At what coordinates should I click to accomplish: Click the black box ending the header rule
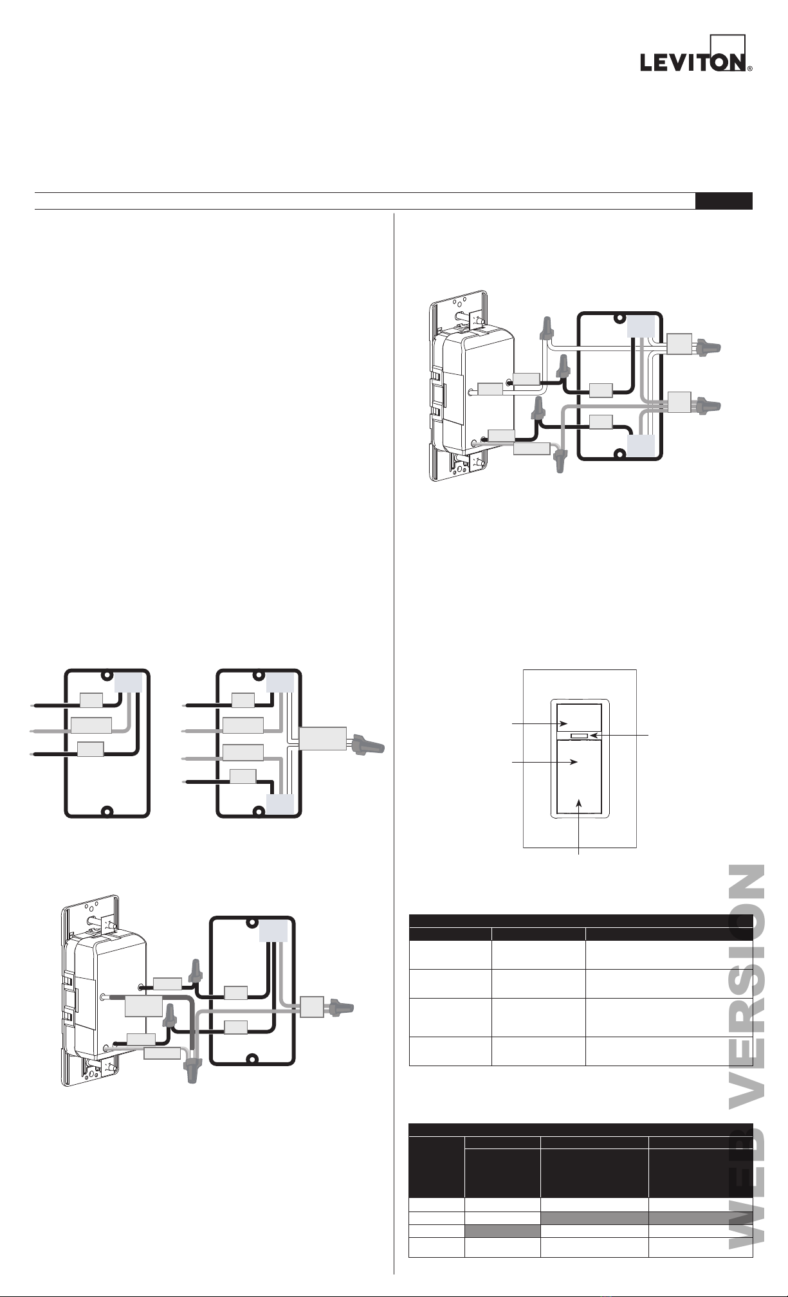click(x=724, y=201)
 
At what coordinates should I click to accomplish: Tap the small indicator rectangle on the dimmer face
click(x=577, y=735)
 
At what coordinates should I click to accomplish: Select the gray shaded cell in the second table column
click(x=502, y=1231)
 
